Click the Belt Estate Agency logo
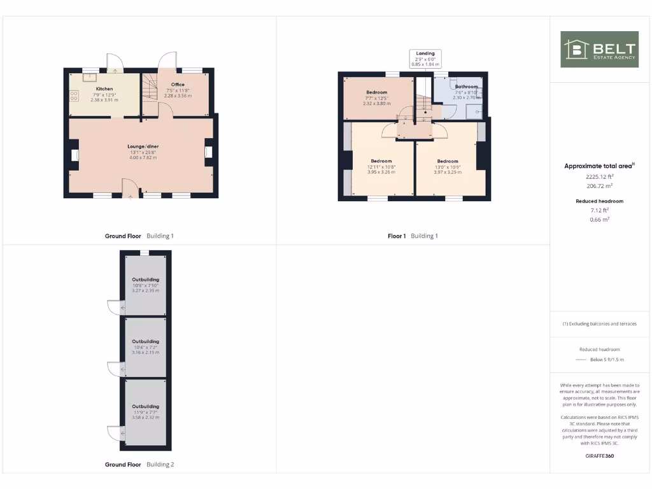pyautogui.click(x=599, y=49)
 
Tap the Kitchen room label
pyautogui.click(x=104, y=89)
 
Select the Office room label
pyautogui.click(x=178, y=85)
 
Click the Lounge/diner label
pyautogui.click(x=143, y=146)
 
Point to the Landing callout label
pyautogui.click(x=425, y=53)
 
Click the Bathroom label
pyautogui.click(x=466, y=87)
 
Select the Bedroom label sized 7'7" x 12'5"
pyautogui.click(x=376, y=92)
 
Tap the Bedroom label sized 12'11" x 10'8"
pyautogui.click(x=381, y=161)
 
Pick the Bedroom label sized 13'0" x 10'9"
pyautogui.click(x=448, y=161)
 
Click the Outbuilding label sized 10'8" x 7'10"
pyautogui.click(x=145, y=280)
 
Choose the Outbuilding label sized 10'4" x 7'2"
pyautogui.click(x=145, y=341)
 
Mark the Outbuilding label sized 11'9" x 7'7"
pyautogui.click(x=145, y=406)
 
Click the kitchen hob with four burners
pyautogui.click(x=74, y=97)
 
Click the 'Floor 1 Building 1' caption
pyautogui.click(x=413, y=236)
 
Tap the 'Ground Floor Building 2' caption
pyautogui.click(x=139, y=465)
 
